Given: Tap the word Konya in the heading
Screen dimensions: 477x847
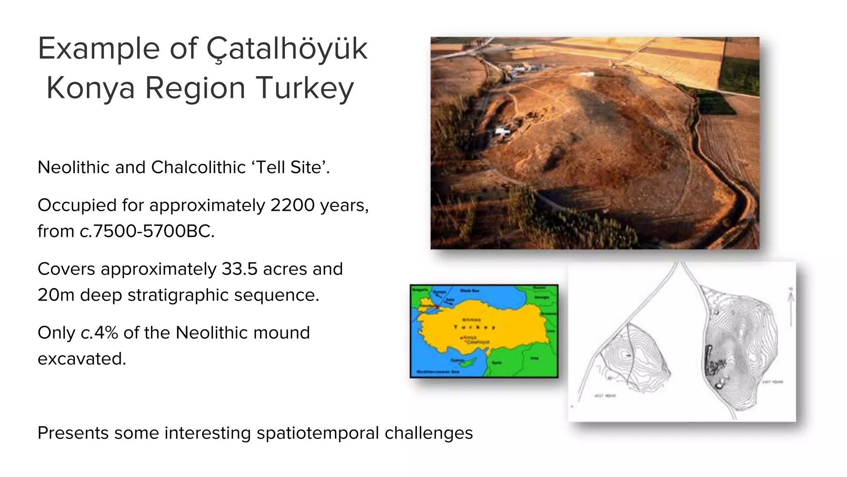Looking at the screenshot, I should pyautogui.click(x=91, y=88).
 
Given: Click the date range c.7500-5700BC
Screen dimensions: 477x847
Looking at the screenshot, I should pyautogui.click(x=147, y=231).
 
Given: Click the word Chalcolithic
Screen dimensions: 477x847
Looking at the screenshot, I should pyautogui.click(x=198, y=168).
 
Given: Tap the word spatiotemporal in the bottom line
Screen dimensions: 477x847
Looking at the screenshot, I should pyautogui.click(x=317, y=433).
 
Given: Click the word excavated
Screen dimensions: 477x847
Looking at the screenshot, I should pyautogui.click(x=81, y=359).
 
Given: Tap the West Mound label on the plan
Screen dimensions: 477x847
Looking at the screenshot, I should pyautogui.click(x=605, y=396).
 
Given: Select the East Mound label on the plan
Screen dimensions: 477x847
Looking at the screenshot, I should pyautogui.click(x=772, y=382).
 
